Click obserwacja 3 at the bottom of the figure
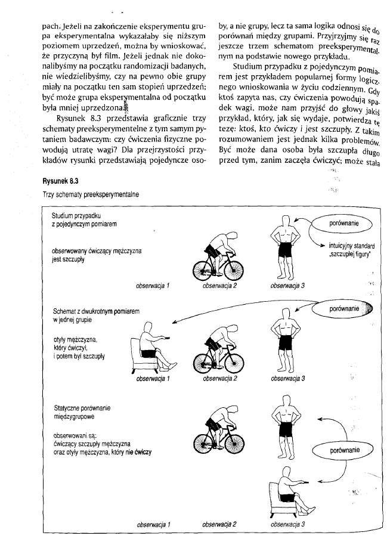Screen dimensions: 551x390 [x=287, y=525]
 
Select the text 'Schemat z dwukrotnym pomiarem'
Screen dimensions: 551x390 [x=88, y=311]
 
